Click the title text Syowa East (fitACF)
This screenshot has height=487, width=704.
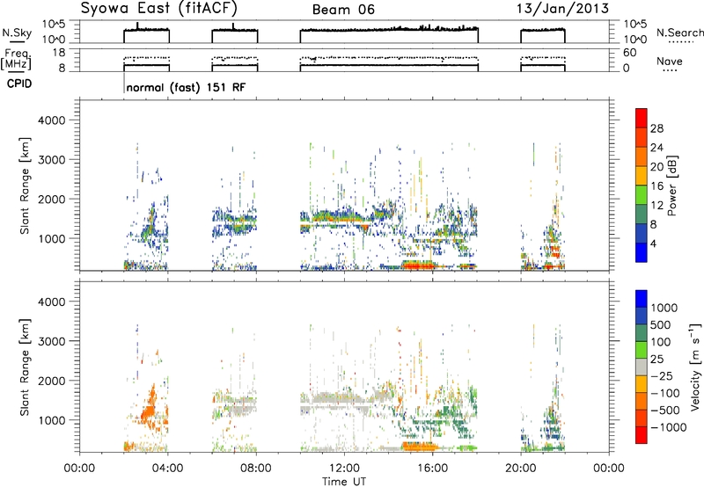point(159,9)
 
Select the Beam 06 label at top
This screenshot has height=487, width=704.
point(343,10)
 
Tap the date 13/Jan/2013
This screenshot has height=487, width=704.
point(563,9)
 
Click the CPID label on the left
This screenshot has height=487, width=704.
point(19,84)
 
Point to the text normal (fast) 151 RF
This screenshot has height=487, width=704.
point(187,87)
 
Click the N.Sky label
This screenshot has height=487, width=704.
point(17,33)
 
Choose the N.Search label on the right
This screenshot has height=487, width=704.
point(679,33)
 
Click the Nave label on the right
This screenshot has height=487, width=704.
point(670,62)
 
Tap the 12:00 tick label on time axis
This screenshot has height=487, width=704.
point(344,469)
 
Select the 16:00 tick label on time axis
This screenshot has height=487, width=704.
point(433,469)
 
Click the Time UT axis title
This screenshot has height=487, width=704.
point(344,482)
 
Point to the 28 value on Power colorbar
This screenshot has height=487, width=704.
point(656,128)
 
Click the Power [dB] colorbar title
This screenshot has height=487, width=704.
point(672,185)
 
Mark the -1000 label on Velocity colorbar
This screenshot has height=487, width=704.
point(669,427)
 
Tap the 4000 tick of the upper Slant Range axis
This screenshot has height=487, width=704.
point(53,120)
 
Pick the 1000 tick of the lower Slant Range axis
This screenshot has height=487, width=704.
point(53,420)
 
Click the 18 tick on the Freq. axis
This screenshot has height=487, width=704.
point(60,53)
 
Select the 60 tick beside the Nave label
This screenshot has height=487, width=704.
point(630,53)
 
